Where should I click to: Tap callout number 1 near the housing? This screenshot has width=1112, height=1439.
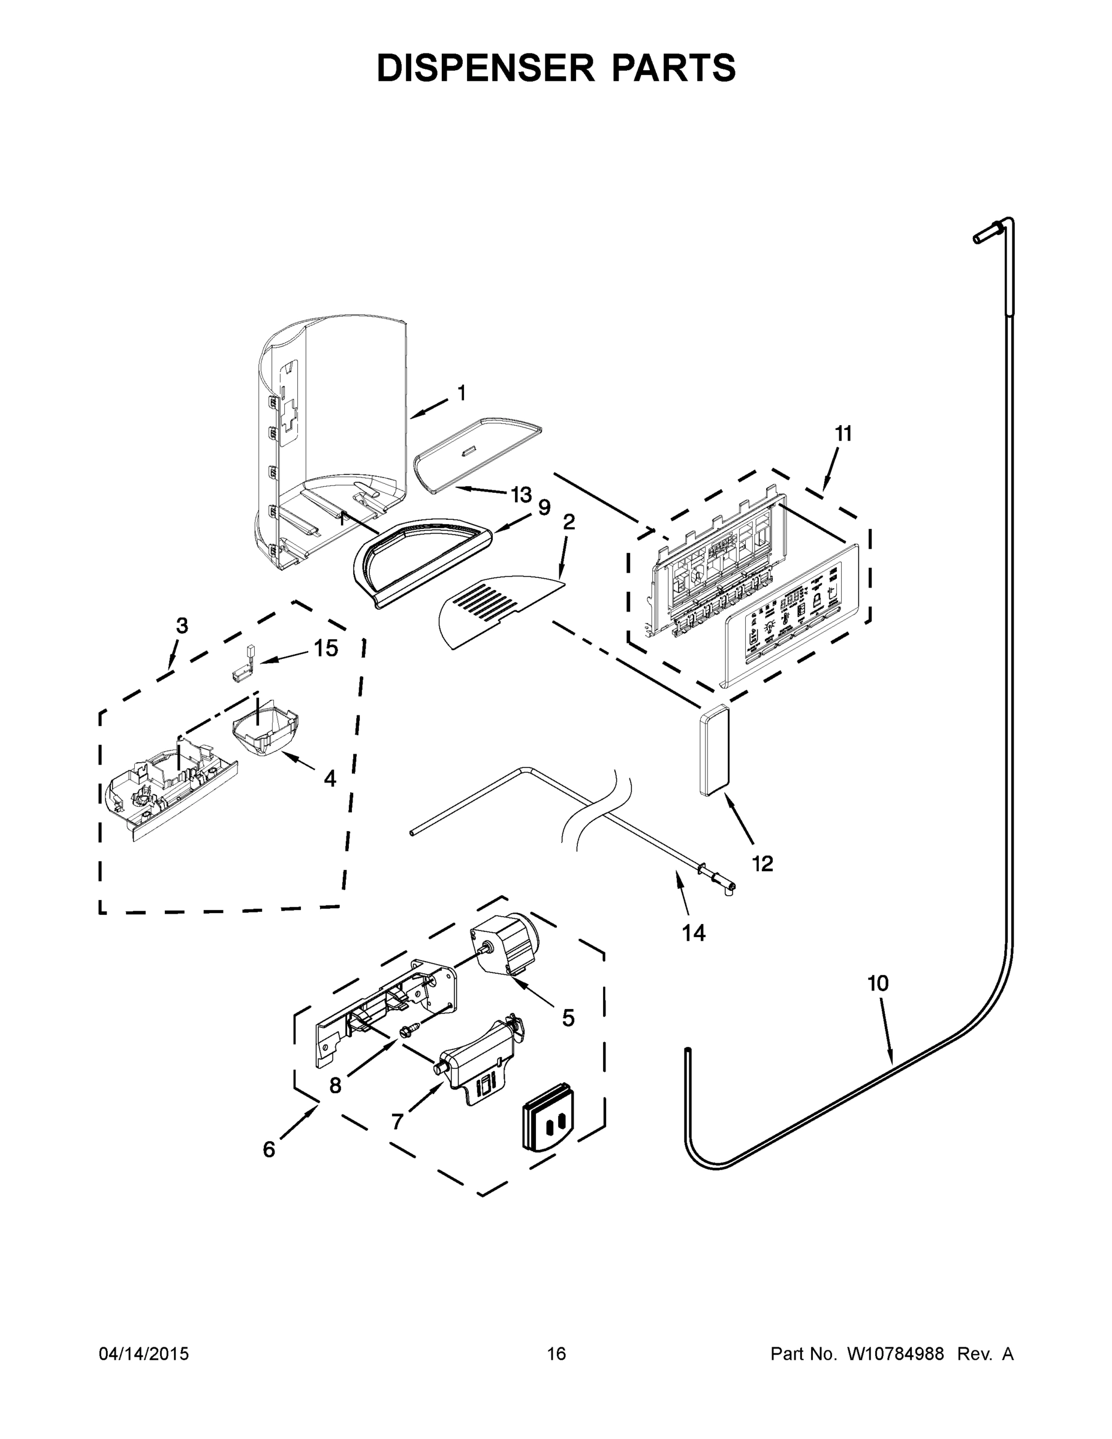[x=461, y=393]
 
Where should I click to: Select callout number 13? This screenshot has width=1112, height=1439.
[x=520, y=494]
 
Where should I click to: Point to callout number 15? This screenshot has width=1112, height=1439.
[x=326, y=648]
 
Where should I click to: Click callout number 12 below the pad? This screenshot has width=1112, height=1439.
[x=762, y=863]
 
